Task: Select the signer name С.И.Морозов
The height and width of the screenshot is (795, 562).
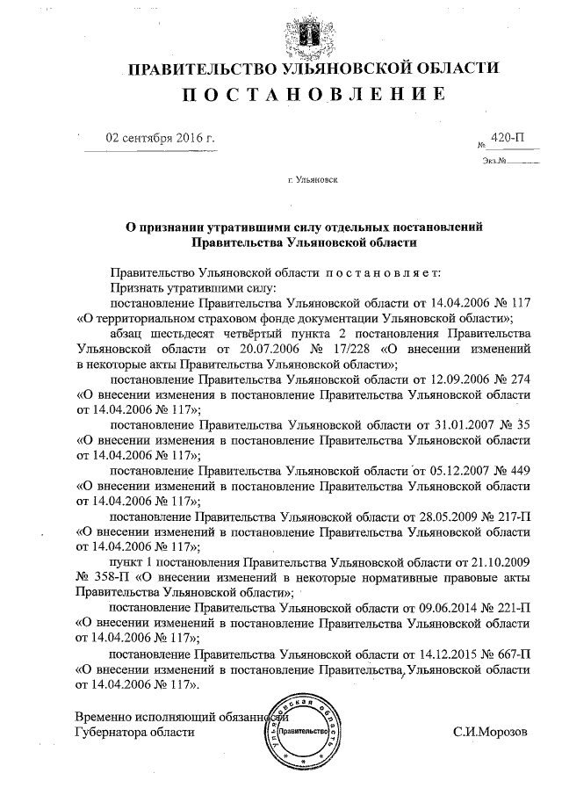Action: tap(491, 732)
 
